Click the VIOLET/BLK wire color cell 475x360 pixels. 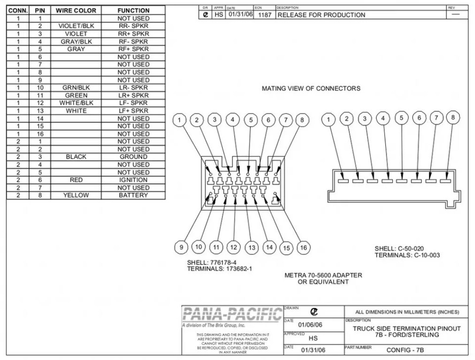(76, 26)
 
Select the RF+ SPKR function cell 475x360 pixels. (133, 49)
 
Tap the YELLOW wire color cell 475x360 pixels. (76, 195)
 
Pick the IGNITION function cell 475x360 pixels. (133, 180)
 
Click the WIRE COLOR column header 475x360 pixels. (76, 10)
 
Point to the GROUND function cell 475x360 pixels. (133, 157)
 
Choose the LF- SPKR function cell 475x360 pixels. (133, 103)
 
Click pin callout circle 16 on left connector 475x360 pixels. (303, 247)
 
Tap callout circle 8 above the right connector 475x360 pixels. (453, 118)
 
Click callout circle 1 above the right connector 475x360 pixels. (329, 120)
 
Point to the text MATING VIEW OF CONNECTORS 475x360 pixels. (311, 88)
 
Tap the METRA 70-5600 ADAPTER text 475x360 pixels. (323, 275)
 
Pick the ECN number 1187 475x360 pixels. (264, 15)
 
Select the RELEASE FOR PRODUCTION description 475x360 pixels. (321, 15)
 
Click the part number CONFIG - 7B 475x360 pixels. (406, 350)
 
